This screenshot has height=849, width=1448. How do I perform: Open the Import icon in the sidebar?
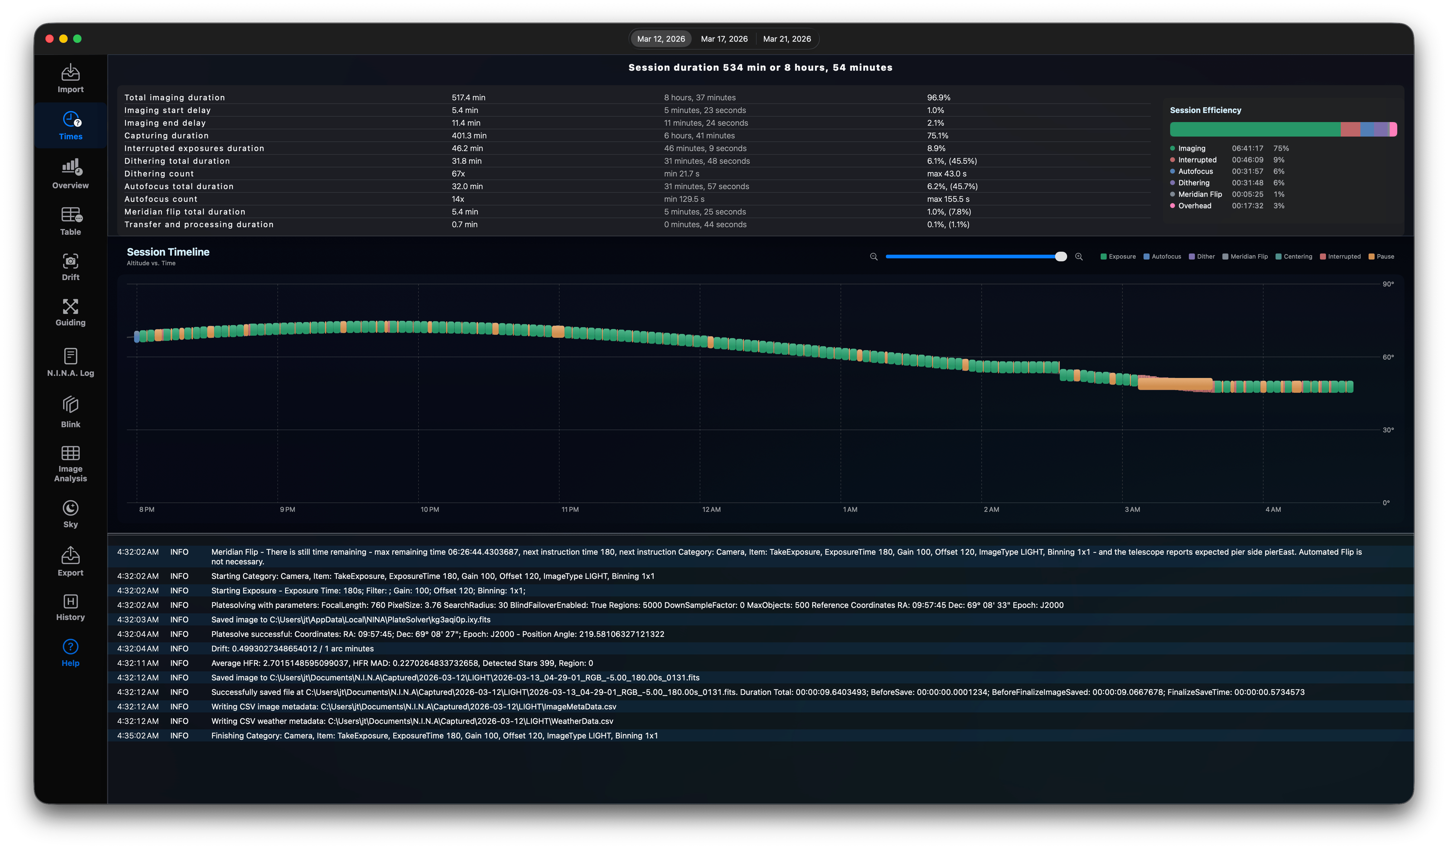coord(71,72)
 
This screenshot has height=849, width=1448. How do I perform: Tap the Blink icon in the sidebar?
coord(71,405)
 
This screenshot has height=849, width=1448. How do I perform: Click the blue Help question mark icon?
coord(71,647)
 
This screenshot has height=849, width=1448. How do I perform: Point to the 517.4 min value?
coord(468,98)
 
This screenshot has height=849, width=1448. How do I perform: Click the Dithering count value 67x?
coord(458,174)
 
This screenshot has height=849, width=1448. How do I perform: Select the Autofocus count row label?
coord(161,199)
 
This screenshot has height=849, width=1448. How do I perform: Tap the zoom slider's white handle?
coord(1061,257)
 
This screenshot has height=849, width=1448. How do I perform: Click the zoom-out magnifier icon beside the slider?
coord(874,257)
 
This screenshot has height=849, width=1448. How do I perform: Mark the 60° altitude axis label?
coord(1388,357)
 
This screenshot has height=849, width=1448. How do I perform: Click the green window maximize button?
coord(78,38)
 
